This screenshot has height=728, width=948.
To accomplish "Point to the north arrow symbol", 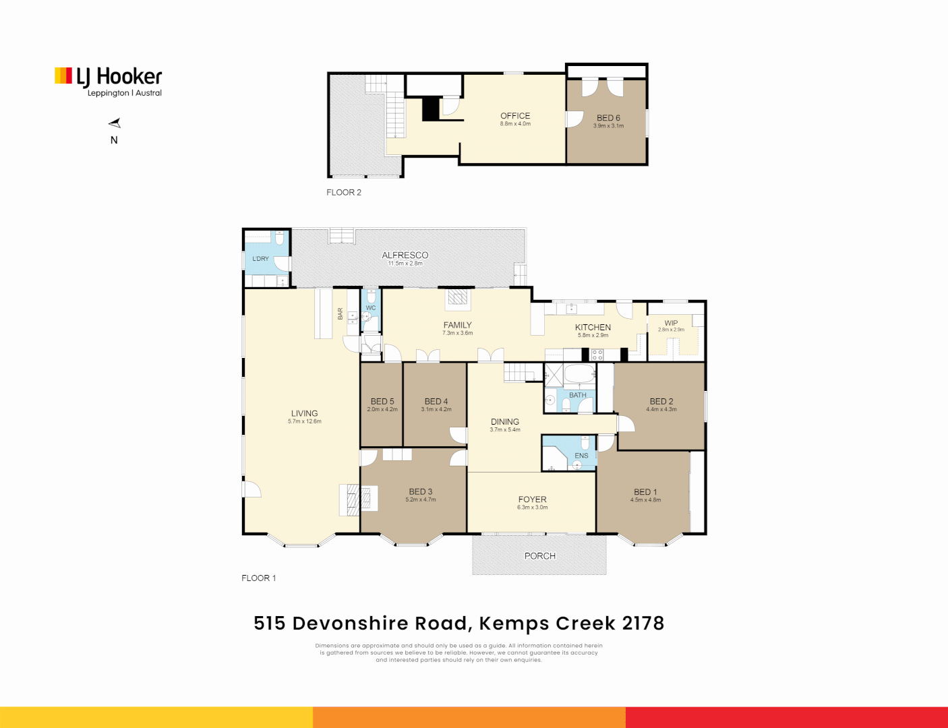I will pos(115,123).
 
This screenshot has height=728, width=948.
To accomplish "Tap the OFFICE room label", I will pos(515,116).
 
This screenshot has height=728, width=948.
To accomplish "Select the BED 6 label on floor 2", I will pos(608,118).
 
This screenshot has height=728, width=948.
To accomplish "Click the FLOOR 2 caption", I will pos(344,193).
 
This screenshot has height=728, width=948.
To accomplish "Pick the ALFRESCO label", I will pos(405,255).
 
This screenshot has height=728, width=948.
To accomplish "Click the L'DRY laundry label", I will pos(260,259).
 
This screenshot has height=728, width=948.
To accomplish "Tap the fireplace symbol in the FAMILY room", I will pos(458,297).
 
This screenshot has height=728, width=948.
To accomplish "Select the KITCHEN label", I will pos(593,327).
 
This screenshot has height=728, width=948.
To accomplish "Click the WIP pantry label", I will pos(671,323).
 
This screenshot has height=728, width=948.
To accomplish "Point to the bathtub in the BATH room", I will pos(578,373).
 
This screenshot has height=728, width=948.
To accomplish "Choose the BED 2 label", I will pos(661,401).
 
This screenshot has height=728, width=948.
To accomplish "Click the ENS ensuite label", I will pos(581,456).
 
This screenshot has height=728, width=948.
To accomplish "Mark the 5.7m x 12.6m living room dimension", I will pos(304,422).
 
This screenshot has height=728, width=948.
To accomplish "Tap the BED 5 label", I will pos(382,401).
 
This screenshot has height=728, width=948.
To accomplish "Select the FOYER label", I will pos(532,499).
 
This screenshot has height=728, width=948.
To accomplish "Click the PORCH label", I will pos(539,556).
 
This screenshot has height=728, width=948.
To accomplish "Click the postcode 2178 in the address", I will pos(643,624).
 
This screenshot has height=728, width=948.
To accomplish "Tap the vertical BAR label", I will pos(340,314).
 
